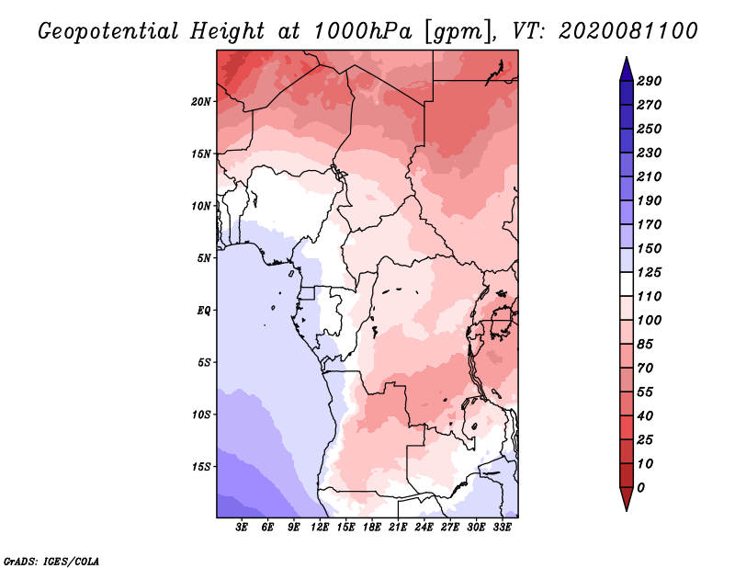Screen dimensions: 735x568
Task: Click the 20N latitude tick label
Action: [x=201, y=102]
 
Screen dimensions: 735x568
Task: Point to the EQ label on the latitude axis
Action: [x=204, y=311]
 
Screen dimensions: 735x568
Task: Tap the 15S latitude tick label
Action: [x=201, y=467]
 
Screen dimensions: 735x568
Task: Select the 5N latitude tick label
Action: [x=204, y=258]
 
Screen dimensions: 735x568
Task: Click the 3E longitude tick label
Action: [x=242, y=528]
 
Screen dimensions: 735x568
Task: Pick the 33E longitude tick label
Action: [x=502, y=528]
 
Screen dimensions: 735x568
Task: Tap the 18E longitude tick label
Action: [x=372, y=528]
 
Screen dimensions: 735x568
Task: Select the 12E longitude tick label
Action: [x=320, y=528]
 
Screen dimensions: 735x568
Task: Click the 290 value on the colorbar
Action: [x=650, y=81]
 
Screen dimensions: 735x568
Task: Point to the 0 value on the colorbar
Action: [x=640, y=488]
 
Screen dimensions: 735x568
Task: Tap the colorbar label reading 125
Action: [x=650, y=272]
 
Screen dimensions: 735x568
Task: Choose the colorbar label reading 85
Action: [x=645, y=345]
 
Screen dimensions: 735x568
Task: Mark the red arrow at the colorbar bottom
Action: [x=627, y=498]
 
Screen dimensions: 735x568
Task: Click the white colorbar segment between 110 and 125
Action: [x=627, y=284]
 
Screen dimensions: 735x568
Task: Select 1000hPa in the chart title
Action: [x=362, y=31]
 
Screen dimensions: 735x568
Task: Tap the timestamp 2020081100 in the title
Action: [x=628, y=31]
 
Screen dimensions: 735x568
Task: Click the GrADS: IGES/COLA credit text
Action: [x=51, y=562]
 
